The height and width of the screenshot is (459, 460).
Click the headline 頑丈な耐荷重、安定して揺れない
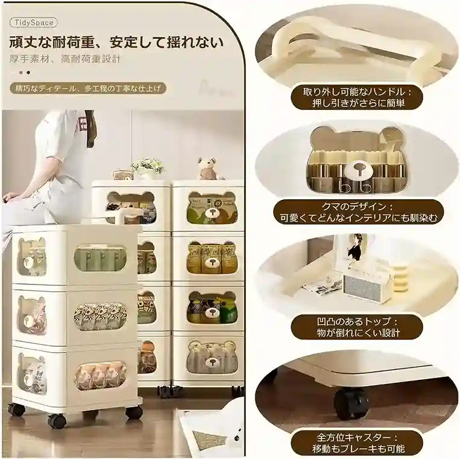(116, 43)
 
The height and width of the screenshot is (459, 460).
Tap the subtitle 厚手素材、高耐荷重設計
(65, 60)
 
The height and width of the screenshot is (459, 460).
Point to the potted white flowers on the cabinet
(147, 167)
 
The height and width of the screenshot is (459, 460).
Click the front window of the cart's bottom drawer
(100, 375)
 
